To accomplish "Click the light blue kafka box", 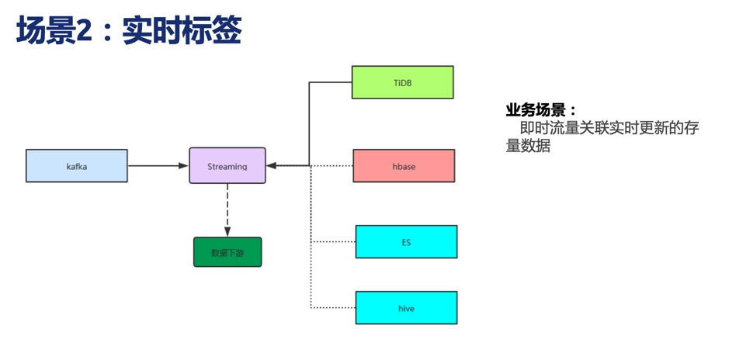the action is coord(77,166).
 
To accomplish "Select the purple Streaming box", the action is coord(227,166).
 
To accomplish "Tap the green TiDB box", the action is coord(403,82).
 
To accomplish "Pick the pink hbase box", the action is coord(404,166).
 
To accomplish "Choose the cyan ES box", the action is coord(406,241).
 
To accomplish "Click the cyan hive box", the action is coord(406,307).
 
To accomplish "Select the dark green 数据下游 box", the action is coord(227,252).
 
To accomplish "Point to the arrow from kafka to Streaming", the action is coord(158,165).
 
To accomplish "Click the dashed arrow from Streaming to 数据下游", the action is coord(227,210).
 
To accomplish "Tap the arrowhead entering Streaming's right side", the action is coord(272,165).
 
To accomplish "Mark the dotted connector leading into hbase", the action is coord(332,166).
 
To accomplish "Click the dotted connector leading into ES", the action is coord(333,241).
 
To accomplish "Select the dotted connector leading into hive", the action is coord(333,307).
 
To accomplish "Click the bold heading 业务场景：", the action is coord(541,110).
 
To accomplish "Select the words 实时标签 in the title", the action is coord(182,31).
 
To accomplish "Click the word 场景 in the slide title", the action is coord(46,31).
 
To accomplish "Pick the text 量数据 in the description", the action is coord(528,146).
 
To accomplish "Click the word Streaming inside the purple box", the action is coord(227,166).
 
